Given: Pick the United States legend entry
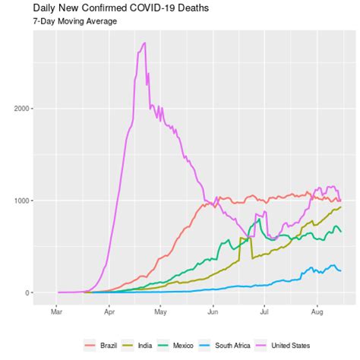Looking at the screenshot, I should point(305,346).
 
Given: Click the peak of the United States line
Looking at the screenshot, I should point(144,43).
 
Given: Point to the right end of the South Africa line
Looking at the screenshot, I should point(340,270).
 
